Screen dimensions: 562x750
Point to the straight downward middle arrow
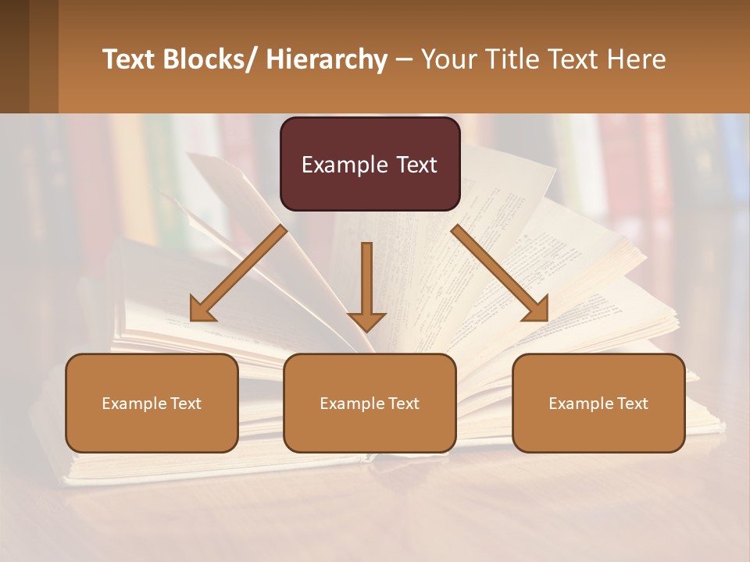click(x=366, y=285)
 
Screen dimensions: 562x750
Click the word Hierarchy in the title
click(x=326, y=59)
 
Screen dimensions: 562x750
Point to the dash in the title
click(x=404, y=59)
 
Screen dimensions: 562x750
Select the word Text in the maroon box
click(x=416, y=165)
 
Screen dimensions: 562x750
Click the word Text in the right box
click(x=631, y=404)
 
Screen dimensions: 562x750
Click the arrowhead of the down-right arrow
click(x=536, y=310)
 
